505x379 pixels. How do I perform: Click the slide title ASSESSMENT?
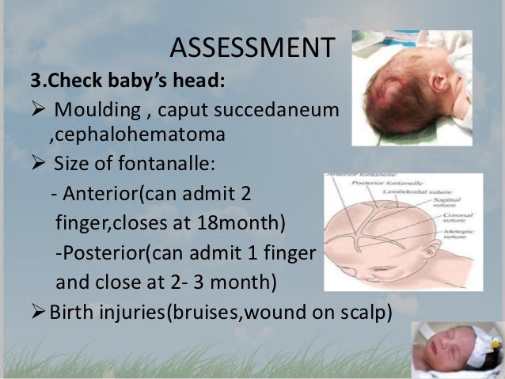(252, 49)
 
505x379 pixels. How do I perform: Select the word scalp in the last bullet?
(368, 311)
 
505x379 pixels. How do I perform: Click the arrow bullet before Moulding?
(39, 108)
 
